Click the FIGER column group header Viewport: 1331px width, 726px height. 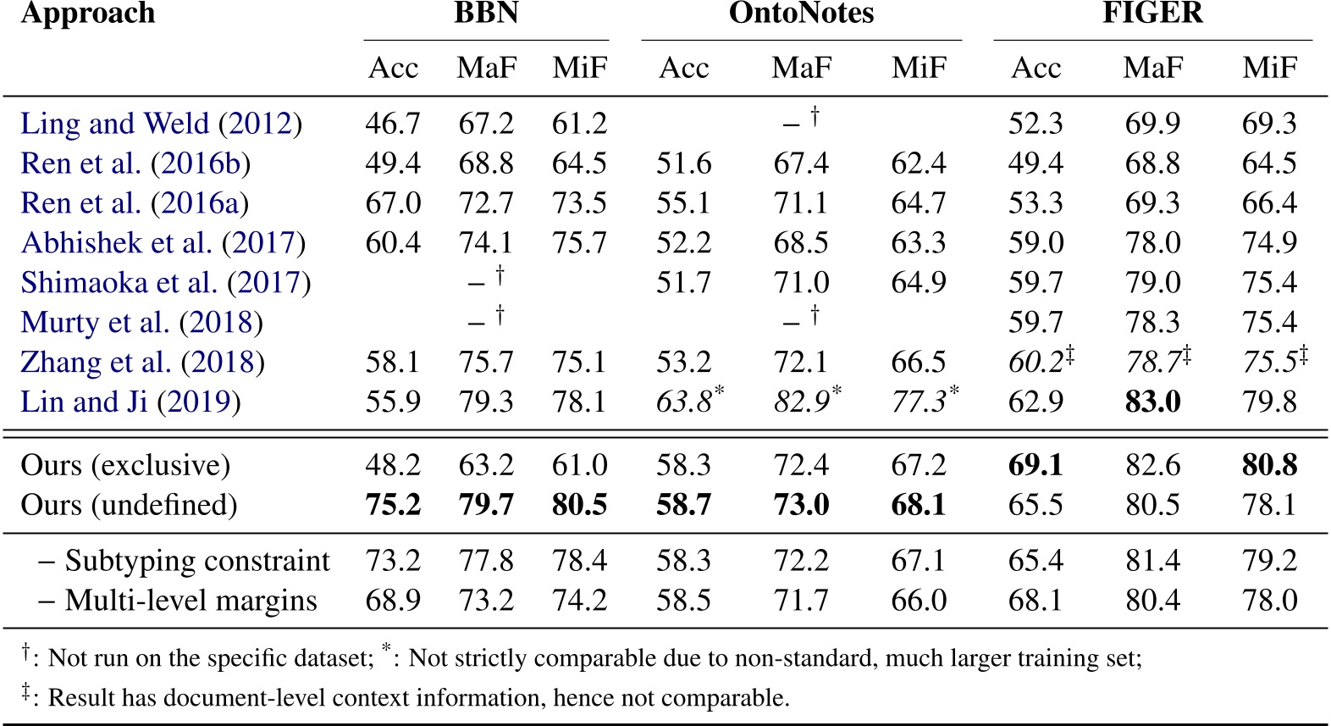tap(1152, 14)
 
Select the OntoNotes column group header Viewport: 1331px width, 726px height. tap(801, 14)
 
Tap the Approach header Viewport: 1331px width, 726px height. tap(88, 14)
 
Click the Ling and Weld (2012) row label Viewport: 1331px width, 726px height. tap(161, 124)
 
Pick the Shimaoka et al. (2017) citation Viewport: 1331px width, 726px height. tap(166, 282)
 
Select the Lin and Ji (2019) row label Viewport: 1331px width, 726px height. tap(130, 402)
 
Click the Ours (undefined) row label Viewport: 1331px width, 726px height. tap(129, 505)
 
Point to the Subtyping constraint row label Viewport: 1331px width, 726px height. tap(196, 561)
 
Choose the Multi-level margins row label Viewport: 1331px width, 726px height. tap(190, 601)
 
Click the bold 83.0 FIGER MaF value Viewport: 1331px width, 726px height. tap(1152, 402)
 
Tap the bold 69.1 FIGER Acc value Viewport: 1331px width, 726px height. tap(1036, 465)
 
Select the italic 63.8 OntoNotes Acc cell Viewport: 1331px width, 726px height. tap(684, 402)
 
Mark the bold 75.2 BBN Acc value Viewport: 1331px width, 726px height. tap(393, 505)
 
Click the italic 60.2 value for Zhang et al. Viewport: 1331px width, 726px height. tap(1036, 362)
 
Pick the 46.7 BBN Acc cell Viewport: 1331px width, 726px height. tap(393, 124)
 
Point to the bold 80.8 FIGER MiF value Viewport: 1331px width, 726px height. tap(1269, 465)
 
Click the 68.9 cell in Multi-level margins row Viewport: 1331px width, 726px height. tap(393, 601)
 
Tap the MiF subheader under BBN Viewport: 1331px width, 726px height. tap(580, 68)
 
